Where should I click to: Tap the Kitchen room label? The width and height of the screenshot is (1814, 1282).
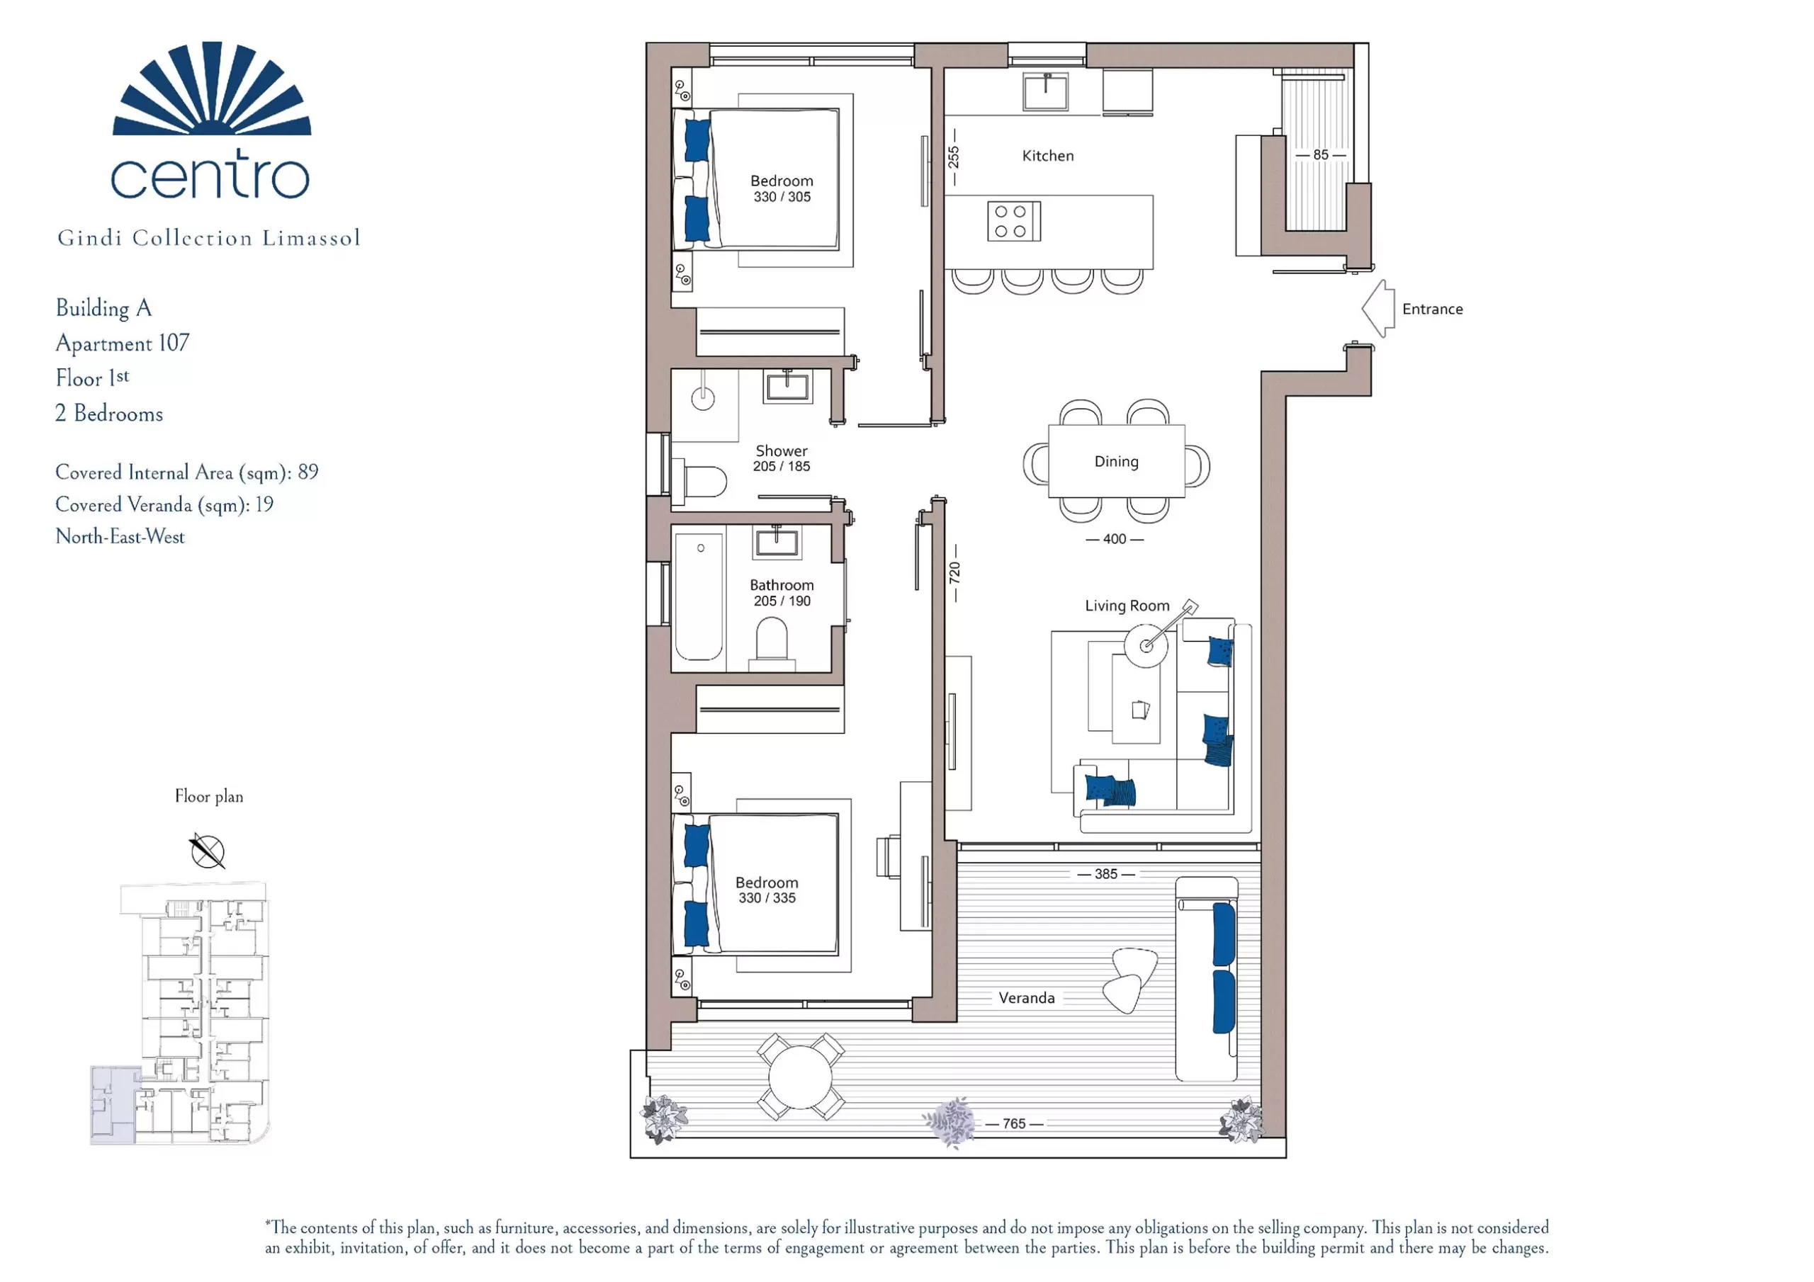[1047, 157]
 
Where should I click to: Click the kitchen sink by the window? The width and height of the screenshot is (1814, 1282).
[1045, 91]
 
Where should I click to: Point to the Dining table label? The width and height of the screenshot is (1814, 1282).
[1115, 461]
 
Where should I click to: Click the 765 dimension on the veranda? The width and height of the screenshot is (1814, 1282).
[1014, 1123]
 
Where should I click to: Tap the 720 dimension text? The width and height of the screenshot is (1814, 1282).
[954, 572]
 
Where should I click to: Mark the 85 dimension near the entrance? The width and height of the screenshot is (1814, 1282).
[1320, 155]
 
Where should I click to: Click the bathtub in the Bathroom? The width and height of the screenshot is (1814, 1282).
[699, 596]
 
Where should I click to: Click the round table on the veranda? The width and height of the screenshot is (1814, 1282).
[800, 1077]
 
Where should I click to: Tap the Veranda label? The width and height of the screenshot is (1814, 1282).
[1026, 999]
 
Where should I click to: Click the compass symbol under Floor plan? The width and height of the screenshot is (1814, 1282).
[207, 851]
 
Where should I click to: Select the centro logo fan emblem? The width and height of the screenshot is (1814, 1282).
[212, 88]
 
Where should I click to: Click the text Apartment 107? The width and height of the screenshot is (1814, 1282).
[123, 343]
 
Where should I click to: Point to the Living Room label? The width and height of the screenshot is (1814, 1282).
[1127, 606]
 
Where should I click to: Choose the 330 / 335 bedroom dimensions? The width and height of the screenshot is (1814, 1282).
[767, 898]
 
